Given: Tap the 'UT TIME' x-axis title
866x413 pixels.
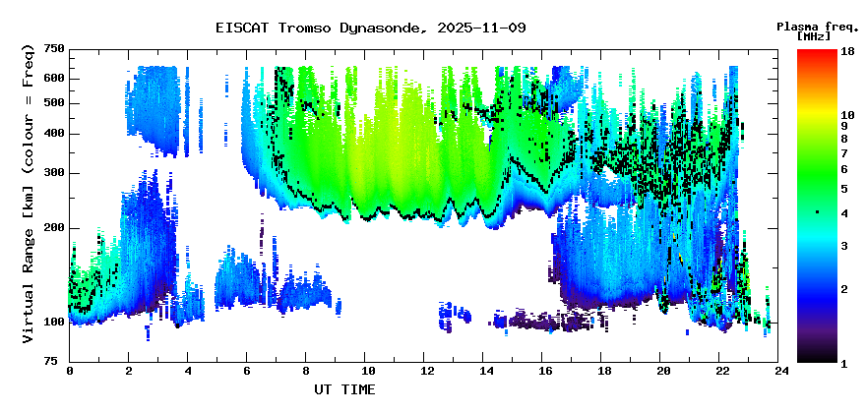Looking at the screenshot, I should pyautogui.click(x=343, y=389).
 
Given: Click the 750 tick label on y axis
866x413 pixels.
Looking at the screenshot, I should pyautogui.click(x=54, y=49).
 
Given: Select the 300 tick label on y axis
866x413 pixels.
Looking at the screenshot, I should pyautogui.click(x=54, y=173).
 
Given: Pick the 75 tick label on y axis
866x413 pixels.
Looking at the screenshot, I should pyautogui.click(x=57, y=361).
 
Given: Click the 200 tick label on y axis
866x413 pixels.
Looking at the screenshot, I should pyautogui.click(x=54, y=228).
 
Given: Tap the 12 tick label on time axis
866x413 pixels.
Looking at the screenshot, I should pyautogui.click(x=426, y=372).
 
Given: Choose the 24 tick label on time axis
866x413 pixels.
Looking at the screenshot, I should pyautogui.click(x=782, y=372).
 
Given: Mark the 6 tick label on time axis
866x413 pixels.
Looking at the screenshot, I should pyautogui.click(x=248, y=372).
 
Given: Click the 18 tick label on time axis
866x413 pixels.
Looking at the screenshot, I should pyautogui.click(x=604, y=372).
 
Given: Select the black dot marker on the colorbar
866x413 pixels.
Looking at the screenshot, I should pyautogui.click(x=817, y=212).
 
